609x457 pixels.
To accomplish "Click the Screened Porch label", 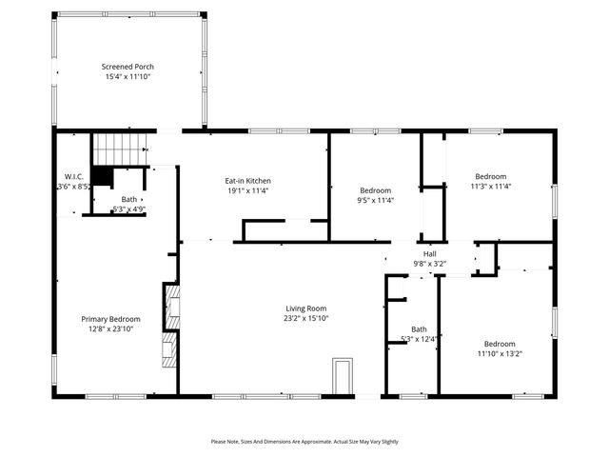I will (128, 67).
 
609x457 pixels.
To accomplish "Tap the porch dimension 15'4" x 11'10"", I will (128, 78).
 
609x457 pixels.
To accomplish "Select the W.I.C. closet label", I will (74, 177).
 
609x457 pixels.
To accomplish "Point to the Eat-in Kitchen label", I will (247, 180).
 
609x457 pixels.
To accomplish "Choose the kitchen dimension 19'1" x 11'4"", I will (247, 190).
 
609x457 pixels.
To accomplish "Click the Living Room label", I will (305, 308).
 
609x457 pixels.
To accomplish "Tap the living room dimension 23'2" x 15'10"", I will (305, 319).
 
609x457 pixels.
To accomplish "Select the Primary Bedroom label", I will (110, 319).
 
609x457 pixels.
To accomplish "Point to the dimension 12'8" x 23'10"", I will (110, 329).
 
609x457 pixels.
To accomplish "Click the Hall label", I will (430, 253).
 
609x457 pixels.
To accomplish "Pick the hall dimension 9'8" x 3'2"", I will (430, 263).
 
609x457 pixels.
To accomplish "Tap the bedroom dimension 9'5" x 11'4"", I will (376, 200).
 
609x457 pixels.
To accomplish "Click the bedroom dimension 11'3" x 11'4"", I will (491, 187).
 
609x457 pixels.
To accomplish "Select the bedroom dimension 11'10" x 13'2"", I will (500, 354).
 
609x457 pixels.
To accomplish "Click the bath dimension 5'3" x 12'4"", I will (419, 339).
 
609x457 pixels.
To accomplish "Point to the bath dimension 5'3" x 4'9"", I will (128, 209).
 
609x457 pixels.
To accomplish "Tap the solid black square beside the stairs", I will (103, 177).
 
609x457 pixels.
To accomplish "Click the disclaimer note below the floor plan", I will (304, 442).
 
